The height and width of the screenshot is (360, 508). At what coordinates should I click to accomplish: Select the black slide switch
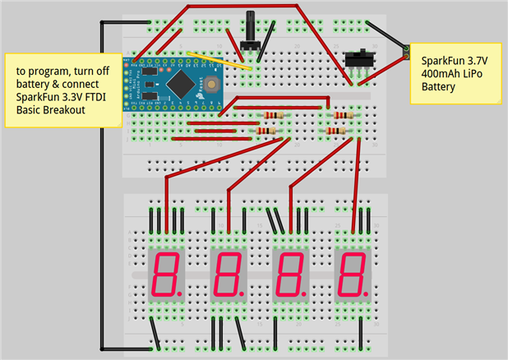[358, 60]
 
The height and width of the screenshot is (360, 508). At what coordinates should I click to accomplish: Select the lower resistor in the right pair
[336, 130]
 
